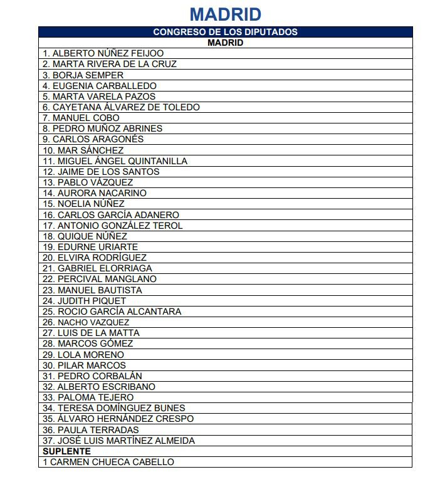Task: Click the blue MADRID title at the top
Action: pos(225,14)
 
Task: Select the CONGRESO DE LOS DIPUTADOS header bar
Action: pos(225,32)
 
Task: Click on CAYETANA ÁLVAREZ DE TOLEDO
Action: pos(121,107)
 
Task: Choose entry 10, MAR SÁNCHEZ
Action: pos(83,150)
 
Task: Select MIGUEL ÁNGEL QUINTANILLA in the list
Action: pos(115,161)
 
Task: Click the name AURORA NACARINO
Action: pos(94,193)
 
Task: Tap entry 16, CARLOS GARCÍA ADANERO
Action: pos(110,215)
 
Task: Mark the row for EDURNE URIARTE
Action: pos(90,247)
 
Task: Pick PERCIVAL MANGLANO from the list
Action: pos(99,279)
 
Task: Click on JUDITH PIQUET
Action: pos(84,301)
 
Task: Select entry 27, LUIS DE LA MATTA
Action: pos(91,333)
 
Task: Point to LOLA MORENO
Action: pos(83,355)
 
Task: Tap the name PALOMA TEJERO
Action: pos(88,397)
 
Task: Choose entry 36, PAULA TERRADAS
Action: pos(90,430)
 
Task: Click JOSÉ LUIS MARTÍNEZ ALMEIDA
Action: pos(118,441)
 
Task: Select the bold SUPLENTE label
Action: pos(66,451)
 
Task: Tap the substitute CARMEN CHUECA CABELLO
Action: pos(108,462)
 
